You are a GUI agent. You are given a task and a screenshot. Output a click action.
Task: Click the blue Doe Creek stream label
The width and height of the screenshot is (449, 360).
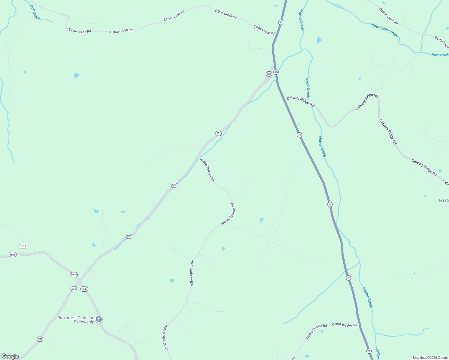(x=35, y=12)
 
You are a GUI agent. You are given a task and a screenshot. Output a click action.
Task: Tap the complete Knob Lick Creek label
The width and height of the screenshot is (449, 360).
(x=384, y=30)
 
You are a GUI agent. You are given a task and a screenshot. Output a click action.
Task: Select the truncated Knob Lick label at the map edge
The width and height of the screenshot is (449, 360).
(x=440, y=55)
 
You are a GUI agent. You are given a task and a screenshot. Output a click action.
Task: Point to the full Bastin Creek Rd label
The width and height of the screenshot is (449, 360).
(x=389, y=16)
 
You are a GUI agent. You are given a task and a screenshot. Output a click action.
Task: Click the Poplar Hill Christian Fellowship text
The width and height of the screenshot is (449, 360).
(x=76, y=320)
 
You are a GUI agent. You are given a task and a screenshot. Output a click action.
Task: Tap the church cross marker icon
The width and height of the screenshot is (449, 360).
(x=98, y=319)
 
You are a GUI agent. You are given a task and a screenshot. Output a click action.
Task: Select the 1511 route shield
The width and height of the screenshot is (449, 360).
(x=23, y=246)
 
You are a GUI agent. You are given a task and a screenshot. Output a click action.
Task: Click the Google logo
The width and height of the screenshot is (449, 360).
(x=10, y=356)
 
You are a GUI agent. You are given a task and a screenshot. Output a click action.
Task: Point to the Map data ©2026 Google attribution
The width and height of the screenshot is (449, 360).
(x=430, y=358)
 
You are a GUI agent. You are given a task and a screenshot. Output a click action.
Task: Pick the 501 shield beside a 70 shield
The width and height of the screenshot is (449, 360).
(x=269, y=74)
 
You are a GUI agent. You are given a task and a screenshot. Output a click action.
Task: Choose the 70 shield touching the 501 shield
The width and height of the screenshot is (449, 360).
(x=276, y=72)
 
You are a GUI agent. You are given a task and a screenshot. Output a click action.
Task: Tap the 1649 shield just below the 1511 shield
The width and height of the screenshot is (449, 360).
(x=12, y=255)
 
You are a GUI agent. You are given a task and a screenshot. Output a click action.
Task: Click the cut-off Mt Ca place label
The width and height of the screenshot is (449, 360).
(x=444, y=201)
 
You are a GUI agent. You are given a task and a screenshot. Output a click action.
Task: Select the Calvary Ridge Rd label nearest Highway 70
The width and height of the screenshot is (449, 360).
(x=300, y=102)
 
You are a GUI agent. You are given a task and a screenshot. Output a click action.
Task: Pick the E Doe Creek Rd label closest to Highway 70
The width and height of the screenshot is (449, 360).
(x=264, y=30)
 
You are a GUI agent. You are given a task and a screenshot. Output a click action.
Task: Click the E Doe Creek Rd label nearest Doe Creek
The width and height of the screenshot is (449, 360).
(x=80, y=31)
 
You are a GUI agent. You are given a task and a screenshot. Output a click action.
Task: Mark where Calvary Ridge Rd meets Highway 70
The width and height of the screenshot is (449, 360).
(x=285, y=98)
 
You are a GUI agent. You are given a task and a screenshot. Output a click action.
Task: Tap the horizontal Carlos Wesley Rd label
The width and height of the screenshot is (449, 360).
(x=345, y=325)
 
